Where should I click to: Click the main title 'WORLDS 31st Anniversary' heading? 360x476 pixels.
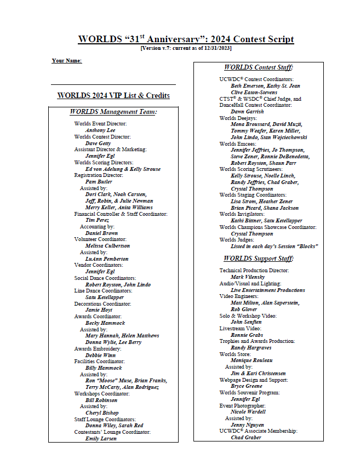pos(186,39)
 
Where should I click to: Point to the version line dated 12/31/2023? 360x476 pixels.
pos(186,48)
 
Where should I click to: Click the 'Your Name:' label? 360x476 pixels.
pos(67,60)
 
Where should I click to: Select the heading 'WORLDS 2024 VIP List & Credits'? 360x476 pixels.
pos(113,95)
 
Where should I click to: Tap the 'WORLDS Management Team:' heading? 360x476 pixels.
pos(113,112)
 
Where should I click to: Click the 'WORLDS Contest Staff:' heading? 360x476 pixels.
pos(258,67)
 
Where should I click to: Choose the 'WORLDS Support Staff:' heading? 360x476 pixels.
pos(258,258)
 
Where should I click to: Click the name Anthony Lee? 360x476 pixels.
pos(100,130)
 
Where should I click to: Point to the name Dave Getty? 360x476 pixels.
pos(98,143)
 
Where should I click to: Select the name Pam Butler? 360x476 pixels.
pos(99,181)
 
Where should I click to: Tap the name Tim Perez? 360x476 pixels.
pos(98,220)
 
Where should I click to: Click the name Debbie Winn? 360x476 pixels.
pos(101,355)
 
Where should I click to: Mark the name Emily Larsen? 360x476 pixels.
pos(101,438)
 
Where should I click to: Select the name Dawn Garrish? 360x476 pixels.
pos(247,111)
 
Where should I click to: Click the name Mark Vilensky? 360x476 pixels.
pos(248,277)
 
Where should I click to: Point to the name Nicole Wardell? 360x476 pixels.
pos(248,412)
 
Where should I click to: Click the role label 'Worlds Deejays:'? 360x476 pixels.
pos(238,118)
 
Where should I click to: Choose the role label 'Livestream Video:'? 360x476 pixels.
pos(241,329)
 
